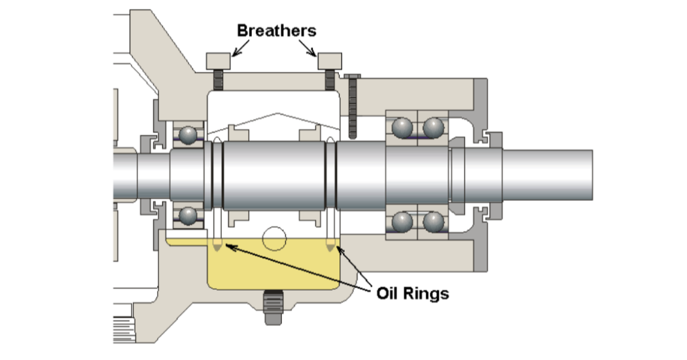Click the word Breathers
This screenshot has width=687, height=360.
pos(276,30)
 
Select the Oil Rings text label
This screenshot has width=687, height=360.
pos(412,293)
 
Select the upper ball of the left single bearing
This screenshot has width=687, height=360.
pos(188,135)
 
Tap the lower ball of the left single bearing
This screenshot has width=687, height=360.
pos(188,215)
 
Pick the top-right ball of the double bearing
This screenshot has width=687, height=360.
pos(433,128)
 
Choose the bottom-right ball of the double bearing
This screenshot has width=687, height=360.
pos(433,222)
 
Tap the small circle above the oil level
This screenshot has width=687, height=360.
pos(274,238)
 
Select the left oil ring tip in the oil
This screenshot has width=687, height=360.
pos(217,247)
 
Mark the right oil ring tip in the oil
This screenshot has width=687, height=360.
pos(330,247)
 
